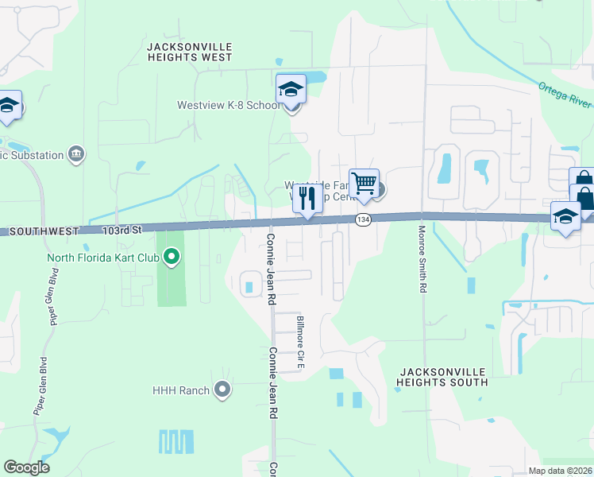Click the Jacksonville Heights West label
[x=190, y=52]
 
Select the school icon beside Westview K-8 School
[x=291, y=90]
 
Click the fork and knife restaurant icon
[x=307, y=199]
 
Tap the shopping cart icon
[x=364, y=184]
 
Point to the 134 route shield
[x=364, y=219]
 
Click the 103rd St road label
[x=121, y=230]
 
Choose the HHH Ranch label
[x=181, y=390]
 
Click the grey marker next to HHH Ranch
[x=222, y=390]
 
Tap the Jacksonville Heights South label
[x=443, y=377]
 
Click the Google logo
[x=26, y=467]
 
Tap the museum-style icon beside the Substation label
[x=76, y=153]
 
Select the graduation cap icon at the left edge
[x=8, y=106]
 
